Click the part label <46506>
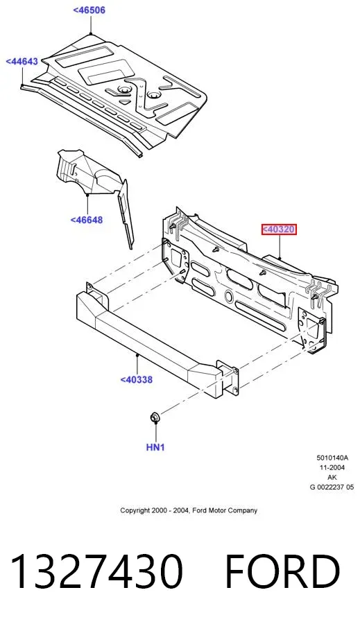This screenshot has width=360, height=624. click(x=89, y=10)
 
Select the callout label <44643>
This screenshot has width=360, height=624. click(x=22, y=61)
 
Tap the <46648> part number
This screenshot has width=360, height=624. click(x=87, y=220)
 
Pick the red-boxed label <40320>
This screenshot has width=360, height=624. click(x=279, y=229)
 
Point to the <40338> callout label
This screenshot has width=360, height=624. click(x=136, y=380)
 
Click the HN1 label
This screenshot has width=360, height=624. click(x=155, y=447)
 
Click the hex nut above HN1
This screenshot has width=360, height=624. click(x=155, y=417)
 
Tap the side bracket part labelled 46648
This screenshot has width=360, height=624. click(x=96, y=187)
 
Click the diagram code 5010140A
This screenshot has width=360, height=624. click(x=332, y=458)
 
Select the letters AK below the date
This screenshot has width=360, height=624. click(x=332, y=477)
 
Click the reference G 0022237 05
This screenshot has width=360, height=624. click(x=332, y=487)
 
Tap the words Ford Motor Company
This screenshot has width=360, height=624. click(x=225, y=510)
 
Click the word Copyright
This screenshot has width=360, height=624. click(x=135, y=510)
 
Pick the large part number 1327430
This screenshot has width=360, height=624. click(x=97, y=571)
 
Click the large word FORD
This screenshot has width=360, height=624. click(x=282, y=571)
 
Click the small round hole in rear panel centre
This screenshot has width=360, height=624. click(x=229, y=295)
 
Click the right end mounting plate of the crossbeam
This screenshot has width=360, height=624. click(x=227, y=378)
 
